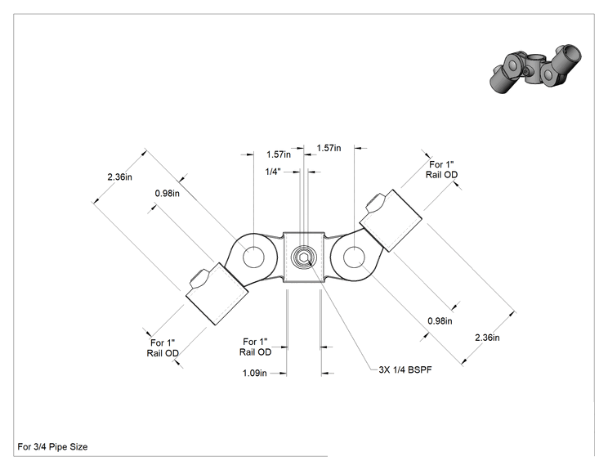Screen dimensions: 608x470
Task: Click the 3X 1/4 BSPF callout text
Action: (x=405, y=369)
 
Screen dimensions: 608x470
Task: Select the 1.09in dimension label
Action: (x=255, y=373)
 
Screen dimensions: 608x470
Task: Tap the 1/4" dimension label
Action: (x=273, y=172)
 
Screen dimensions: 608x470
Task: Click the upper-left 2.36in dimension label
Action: (x=120, y=177)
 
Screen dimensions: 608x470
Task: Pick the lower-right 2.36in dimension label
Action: (x=487, y=338)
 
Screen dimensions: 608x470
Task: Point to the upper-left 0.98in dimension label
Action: (x=168, y=193)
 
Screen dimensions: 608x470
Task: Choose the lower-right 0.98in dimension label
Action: (x=440, y=320)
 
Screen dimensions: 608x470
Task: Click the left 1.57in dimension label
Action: (x=279, y=154)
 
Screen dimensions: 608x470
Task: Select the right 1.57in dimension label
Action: (x=329, y=148)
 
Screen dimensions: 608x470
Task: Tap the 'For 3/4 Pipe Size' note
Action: (x=52, y=447)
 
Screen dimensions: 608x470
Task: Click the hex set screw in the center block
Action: (x=304, y=257)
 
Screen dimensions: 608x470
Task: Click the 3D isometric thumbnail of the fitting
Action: (x=535, y=69)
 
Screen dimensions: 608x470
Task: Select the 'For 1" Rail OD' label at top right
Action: (x=441, y=170)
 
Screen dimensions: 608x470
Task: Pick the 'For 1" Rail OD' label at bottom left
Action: (x=163, y=348)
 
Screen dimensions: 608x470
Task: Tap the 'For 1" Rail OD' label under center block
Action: (x=255, y=347)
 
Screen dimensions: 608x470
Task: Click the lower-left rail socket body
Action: (x=217, y=293)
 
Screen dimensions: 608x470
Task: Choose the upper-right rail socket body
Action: (x=391, y=221)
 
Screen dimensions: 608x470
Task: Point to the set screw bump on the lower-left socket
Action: (x=199, y=279)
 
